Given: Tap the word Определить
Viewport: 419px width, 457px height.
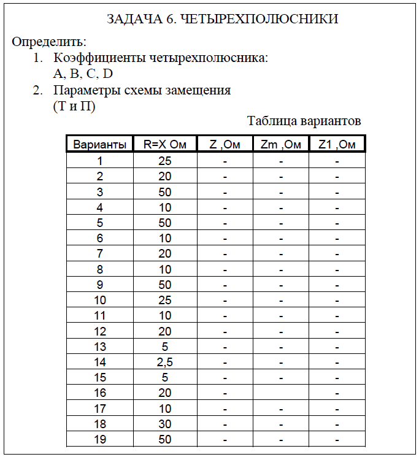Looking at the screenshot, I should tap(49, 42).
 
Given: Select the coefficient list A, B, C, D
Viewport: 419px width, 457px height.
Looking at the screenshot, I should tap(83, 74).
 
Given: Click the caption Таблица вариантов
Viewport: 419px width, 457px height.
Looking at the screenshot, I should tap(304, 121).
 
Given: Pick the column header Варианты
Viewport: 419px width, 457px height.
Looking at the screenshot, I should tap(99, 145).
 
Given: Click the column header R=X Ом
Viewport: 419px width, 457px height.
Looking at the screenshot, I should tap(164, 145).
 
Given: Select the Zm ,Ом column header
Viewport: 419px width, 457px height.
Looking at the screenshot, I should tap(280, 145).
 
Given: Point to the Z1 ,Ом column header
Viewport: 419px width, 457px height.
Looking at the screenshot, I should tap(337, 145).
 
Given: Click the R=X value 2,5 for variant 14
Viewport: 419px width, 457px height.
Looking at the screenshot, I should tap(164, 362).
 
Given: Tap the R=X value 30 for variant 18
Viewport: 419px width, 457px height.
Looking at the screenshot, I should tap(164, 424).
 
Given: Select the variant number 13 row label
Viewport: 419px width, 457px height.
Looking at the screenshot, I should tap(99, 347).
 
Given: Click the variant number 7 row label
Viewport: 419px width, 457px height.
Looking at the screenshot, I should tap(99, 254).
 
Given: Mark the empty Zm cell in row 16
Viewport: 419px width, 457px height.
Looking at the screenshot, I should tap(280, 393).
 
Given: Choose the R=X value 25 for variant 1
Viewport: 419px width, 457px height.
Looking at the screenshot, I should tap(164, 161).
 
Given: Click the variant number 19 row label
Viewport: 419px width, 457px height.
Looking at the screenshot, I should tap(99, 439).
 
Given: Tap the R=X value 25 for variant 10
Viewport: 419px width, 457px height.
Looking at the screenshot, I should tap(164, 301).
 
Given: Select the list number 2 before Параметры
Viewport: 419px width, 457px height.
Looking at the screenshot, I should tap(37, 90).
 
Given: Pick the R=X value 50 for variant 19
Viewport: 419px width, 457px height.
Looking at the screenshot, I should tap(164, 439).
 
